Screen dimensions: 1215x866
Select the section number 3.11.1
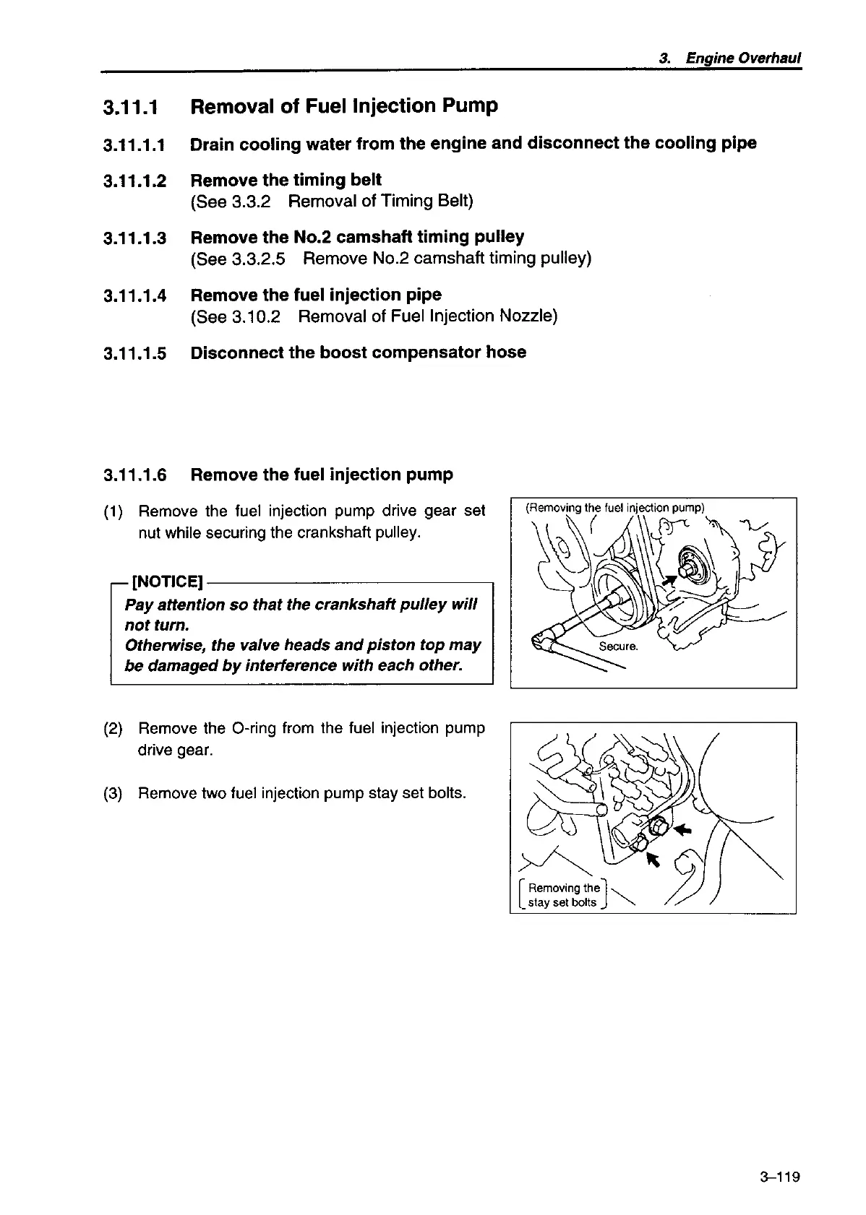click(130, 108)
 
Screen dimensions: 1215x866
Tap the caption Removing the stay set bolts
click(564, 895)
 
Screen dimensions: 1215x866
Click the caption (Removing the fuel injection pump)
click(614, 508)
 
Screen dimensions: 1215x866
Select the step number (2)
click(113, 728)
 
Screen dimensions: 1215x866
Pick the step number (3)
click(113, 793)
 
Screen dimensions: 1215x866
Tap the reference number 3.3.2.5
click(259, 259)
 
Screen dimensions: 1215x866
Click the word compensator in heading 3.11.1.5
click(416, 353)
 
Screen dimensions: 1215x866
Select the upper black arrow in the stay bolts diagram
click(682, 831)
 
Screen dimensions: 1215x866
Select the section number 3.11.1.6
click(134, 475)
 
